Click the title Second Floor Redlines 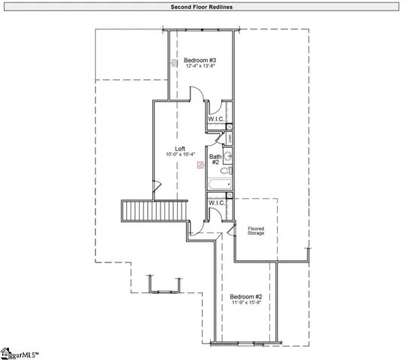[204, 6]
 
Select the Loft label [180, 148]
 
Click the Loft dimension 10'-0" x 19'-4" [180, 155]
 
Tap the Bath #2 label [214, 159]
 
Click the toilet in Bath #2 [228, 172]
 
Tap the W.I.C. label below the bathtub [216, 202]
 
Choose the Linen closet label [229, 138]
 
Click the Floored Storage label [256, 230]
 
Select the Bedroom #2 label [246, 296]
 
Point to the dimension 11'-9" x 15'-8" [246, 304]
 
